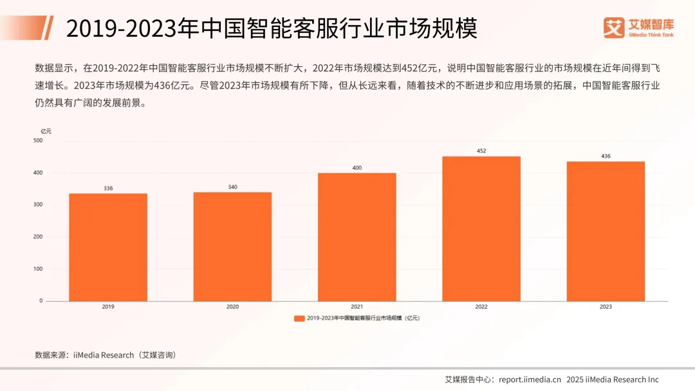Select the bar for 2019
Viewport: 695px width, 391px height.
click(108, 247)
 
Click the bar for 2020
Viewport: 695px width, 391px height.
click(232, 246)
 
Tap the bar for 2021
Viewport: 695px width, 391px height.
click(357, 237)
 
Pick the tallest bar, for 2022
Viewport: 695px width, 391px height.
click(481, 228)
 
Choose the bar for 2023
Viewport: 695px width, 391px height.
click(606, 231)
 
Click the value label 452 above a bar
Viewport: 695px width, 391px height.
click(481, 151)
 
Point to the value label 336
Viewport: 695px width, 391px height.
click(108, 188)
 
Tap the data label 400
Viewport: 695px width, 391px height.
click(357, 168)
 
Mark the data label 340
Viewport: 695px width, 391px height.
click(232, 187)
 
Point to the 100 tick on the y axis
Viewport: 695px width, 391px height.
click(38, 269)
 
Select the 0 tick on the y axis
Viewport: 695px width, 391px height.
click(41, 300)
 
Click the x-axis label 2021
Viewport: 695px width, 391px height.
click(357, 307)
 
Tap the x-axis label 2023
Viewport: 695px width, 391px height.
click(606, 307)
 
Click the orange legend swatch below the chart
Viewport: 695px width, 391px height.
click(299, 318)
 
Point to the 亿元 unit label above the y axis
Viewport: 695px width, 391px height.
click(46, 131)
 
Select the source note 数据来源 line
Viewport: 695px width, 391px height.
click(105, 355)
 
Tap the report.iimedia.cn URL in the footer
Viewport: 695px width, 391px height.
click(530, 379)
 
